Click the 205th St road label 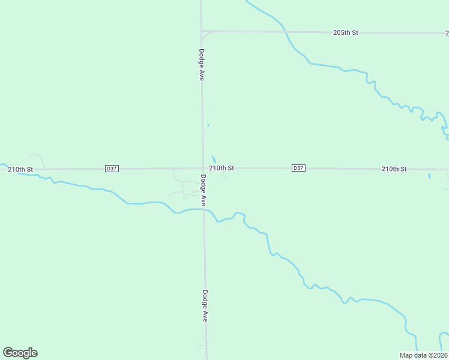pyautogui.click(x=345, y=32)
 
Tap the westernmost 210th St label pyautogui.click(x=20, y=169)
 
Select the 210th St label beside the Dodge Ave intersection pyautogui.click(x=221, y=169)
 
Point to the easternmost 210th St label pyautogui.click(x=394, y=169)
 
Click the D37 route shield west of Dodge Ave pyautogui.click(x=111, y=169)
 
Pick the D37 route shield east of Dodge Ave pyautogui.click(x=298, y=168)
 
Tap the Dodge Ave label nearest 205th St pyautogui.click(x=202, y=65)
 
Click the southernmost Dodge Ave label pyautogui.click(x=205, y=306)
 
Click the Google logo pyautogui.click(x=20, y=353)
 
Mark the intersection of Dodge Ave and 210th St pyautogui.click(x=202, y=169)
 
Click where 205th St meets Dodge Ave pyautogui.click(x=201, y=31)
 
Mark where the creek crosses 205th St pyautogui.click(x=284, y=31)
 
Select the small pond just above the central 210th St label pyautogui.click(x=214, y=158)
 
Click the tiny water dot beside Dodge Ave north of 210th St pyautogui.click(x=208, y=125)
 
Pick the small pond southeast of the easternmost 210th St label pyautogui.click(x=429, y=176)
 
